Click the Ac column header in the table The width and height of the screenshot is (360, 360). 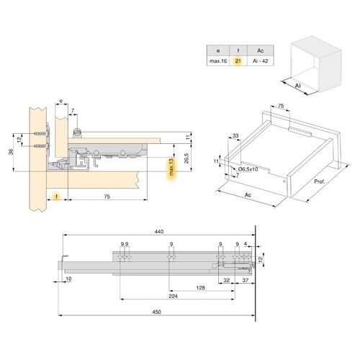pos(261,50)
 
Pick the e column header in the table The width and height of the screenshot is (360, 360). pos(215,50)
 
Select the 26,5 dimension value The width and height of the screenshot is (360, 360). pos(185,159)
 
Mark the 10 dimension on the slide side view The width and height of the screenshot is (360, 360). pos(68,279)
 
